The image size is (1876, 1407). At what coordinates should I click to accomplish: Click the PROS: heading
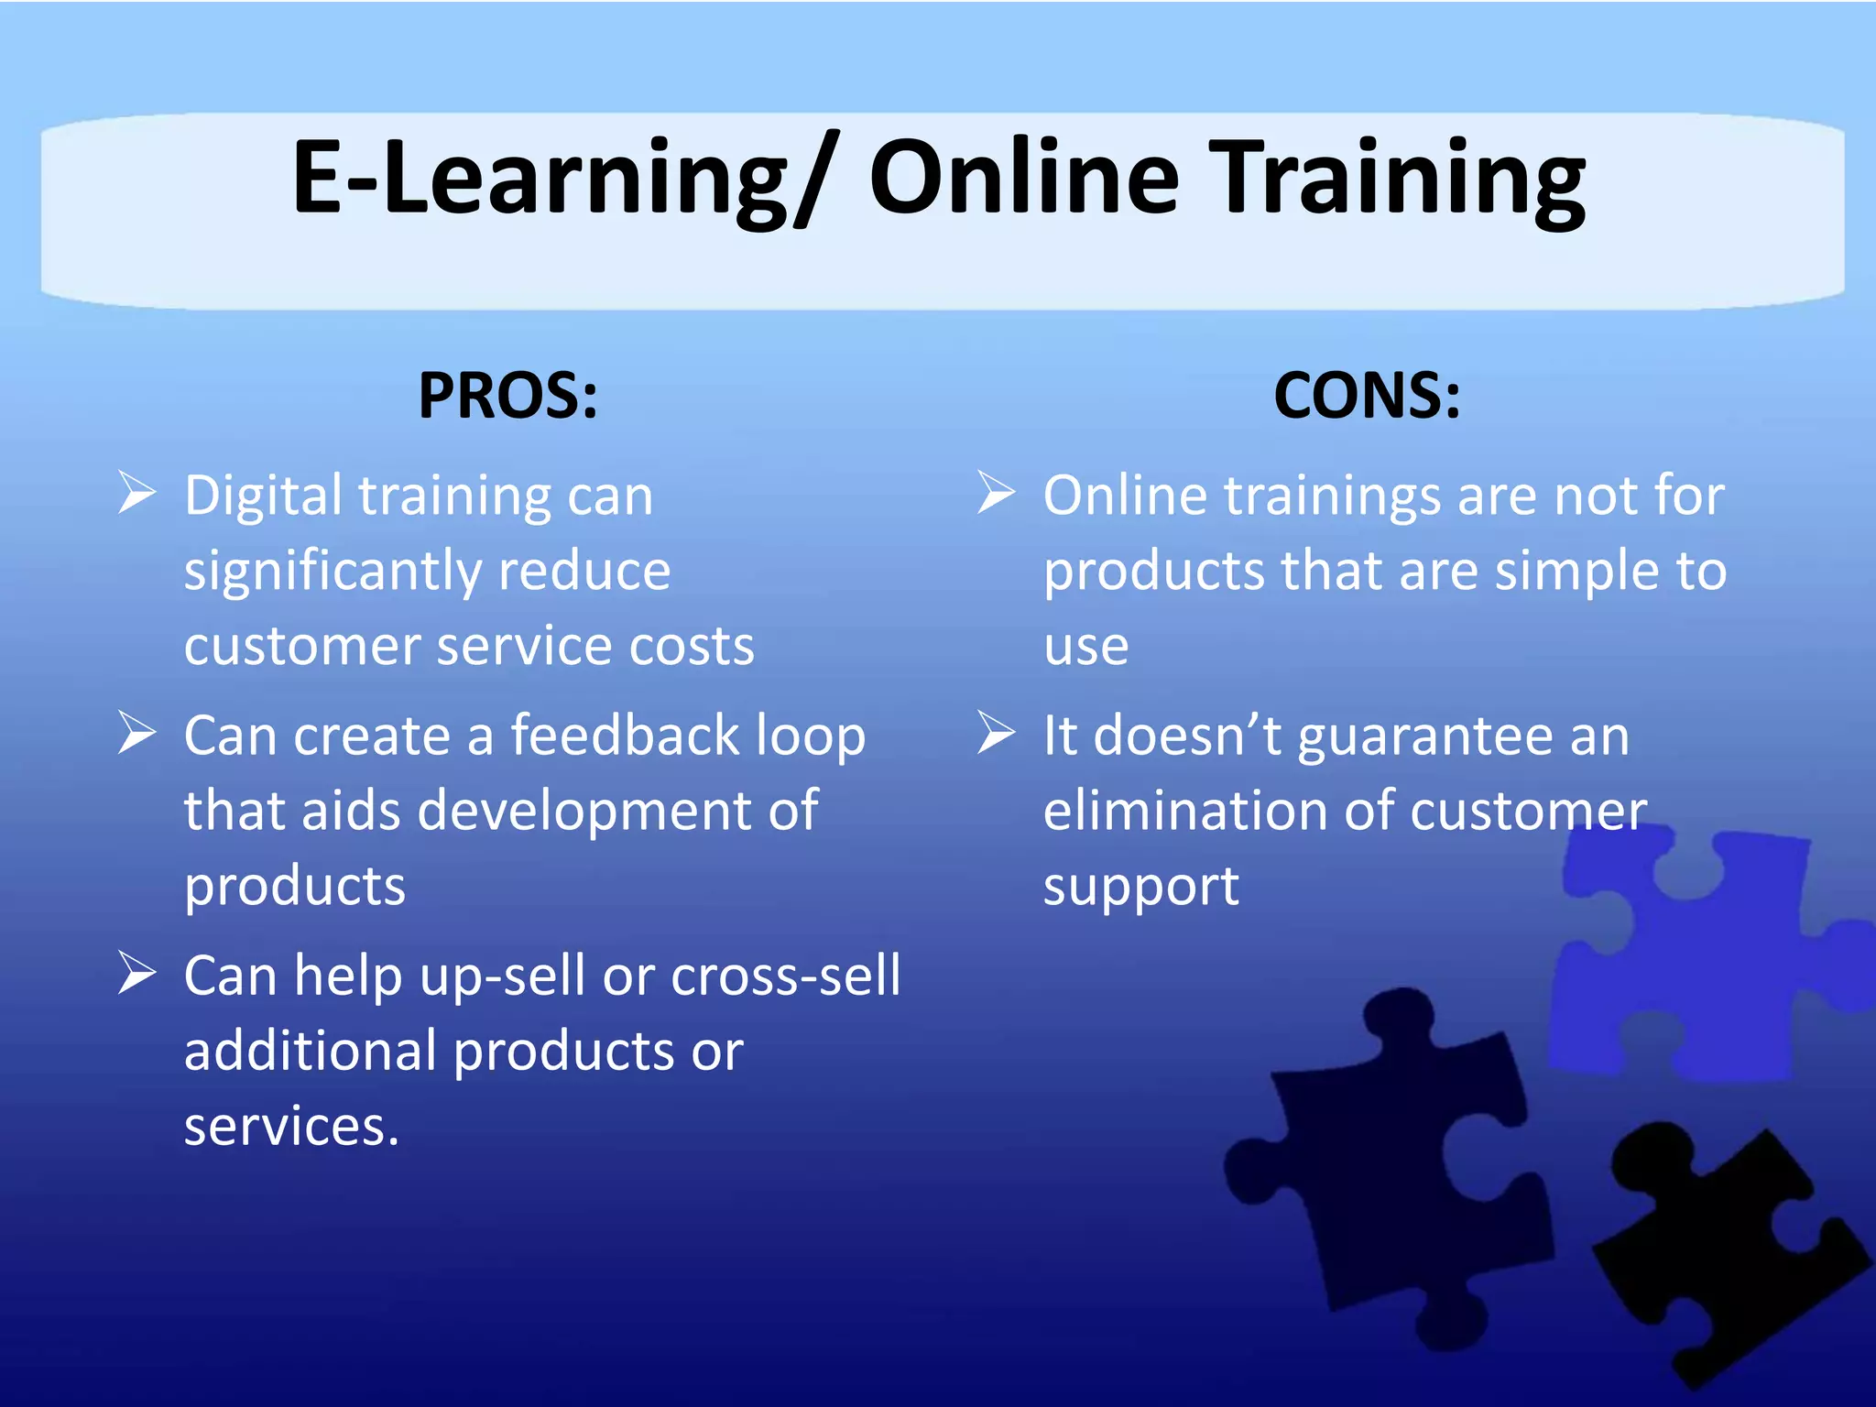508,396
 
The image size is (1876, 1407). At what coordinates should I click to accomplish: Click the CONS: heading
1367,396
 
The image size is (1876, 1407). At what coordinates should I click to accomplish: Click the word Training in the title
1402,179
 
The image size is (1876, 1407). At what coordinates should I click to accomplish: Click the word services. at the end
291,1127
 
